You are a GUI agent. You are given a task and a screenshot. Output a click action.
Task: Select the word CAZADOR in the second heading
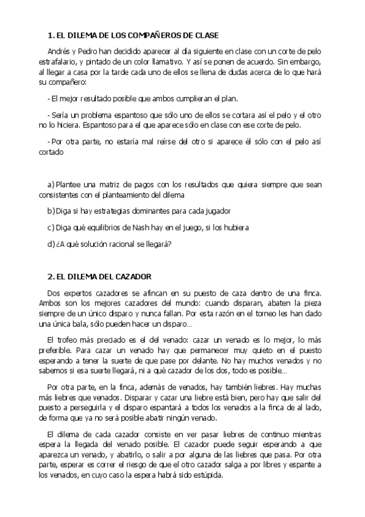click(x=132, y=276)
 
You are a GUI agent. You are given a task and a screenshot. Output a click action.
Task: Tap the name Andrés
click(x=59, y=52)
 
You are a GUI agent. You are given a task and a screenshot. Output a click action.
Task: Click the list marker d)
click(x=51, y=244)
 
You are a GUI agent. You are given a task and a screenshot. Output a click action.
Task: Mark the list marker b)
click(x=51, y=210)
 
